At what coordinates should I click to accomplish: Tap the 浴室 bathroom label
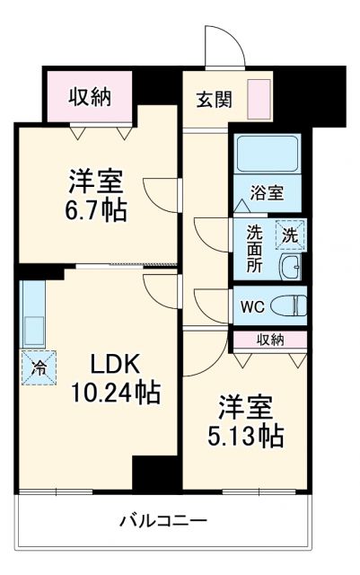268,193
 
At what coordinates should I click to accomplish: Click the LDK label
114,365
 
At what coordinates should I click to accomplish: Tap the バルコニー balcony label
164,520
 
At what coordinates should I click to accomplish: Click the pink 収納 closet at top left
90,97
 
